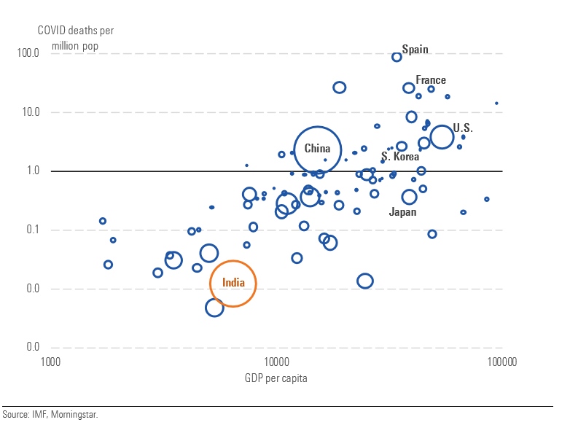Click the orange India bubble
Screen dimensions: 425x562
click(x=233, y=283)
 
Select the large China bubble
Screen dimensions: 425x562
click(x=318, y=149)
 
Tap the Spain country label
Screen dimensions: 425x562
click(x=415, y=50)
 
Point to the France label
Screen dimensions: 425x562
click(x=431, y=80)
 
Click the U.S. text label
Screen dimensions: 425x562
click(x=463, y=128)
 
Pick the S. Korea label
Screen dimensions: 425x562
click(x=400, y=157)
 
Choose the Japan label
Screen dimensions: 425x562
click(x=403, y=212)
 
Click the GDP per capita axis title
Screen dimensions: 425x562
click(x=276, y=378)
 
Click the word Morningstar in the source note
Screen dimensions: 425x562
click(x=75, y=414)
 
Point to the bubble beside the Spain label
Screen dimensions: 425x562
click(x=397, y=57)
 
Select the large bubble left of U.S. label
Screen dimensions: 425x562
click(x=442, y=136)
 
